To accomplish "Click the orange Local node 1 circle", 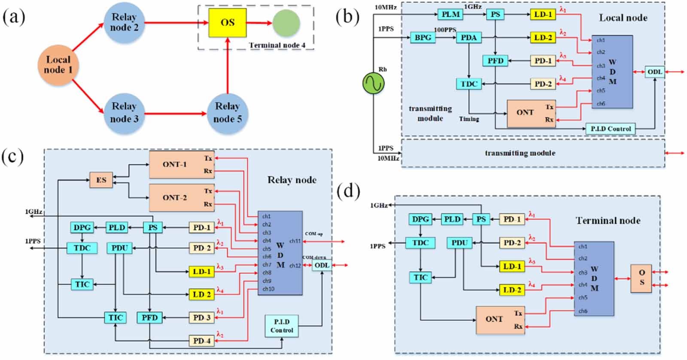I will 58,65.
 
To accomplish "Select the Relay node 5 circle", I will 227,112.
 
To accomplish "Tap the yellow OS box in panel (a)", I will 228,22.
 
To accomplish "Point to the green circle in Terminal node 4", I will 286,23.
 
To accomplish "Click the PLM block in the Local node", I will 451,14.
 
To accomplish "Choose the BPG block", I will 423,37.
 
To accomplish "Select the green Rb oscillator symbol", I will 373,83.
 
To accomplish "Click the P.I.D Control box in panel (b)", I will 610,128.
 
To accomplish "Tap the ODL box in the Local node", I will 654,72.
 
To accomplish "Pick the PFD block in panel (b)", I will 495,61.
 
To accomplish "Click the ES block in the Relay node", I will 101,180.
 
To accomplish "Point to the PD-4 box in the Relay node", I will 201,341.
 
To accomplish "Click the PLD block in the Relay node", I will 117,227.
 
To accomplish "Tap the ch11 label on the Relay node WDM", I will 295,241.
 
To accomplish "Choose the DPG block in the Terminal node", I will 420,219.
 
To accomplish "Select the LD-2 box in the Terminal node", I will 512,290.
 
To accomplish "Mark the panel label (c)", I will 12,157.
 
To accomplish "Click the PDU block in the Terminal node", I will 459,243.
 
